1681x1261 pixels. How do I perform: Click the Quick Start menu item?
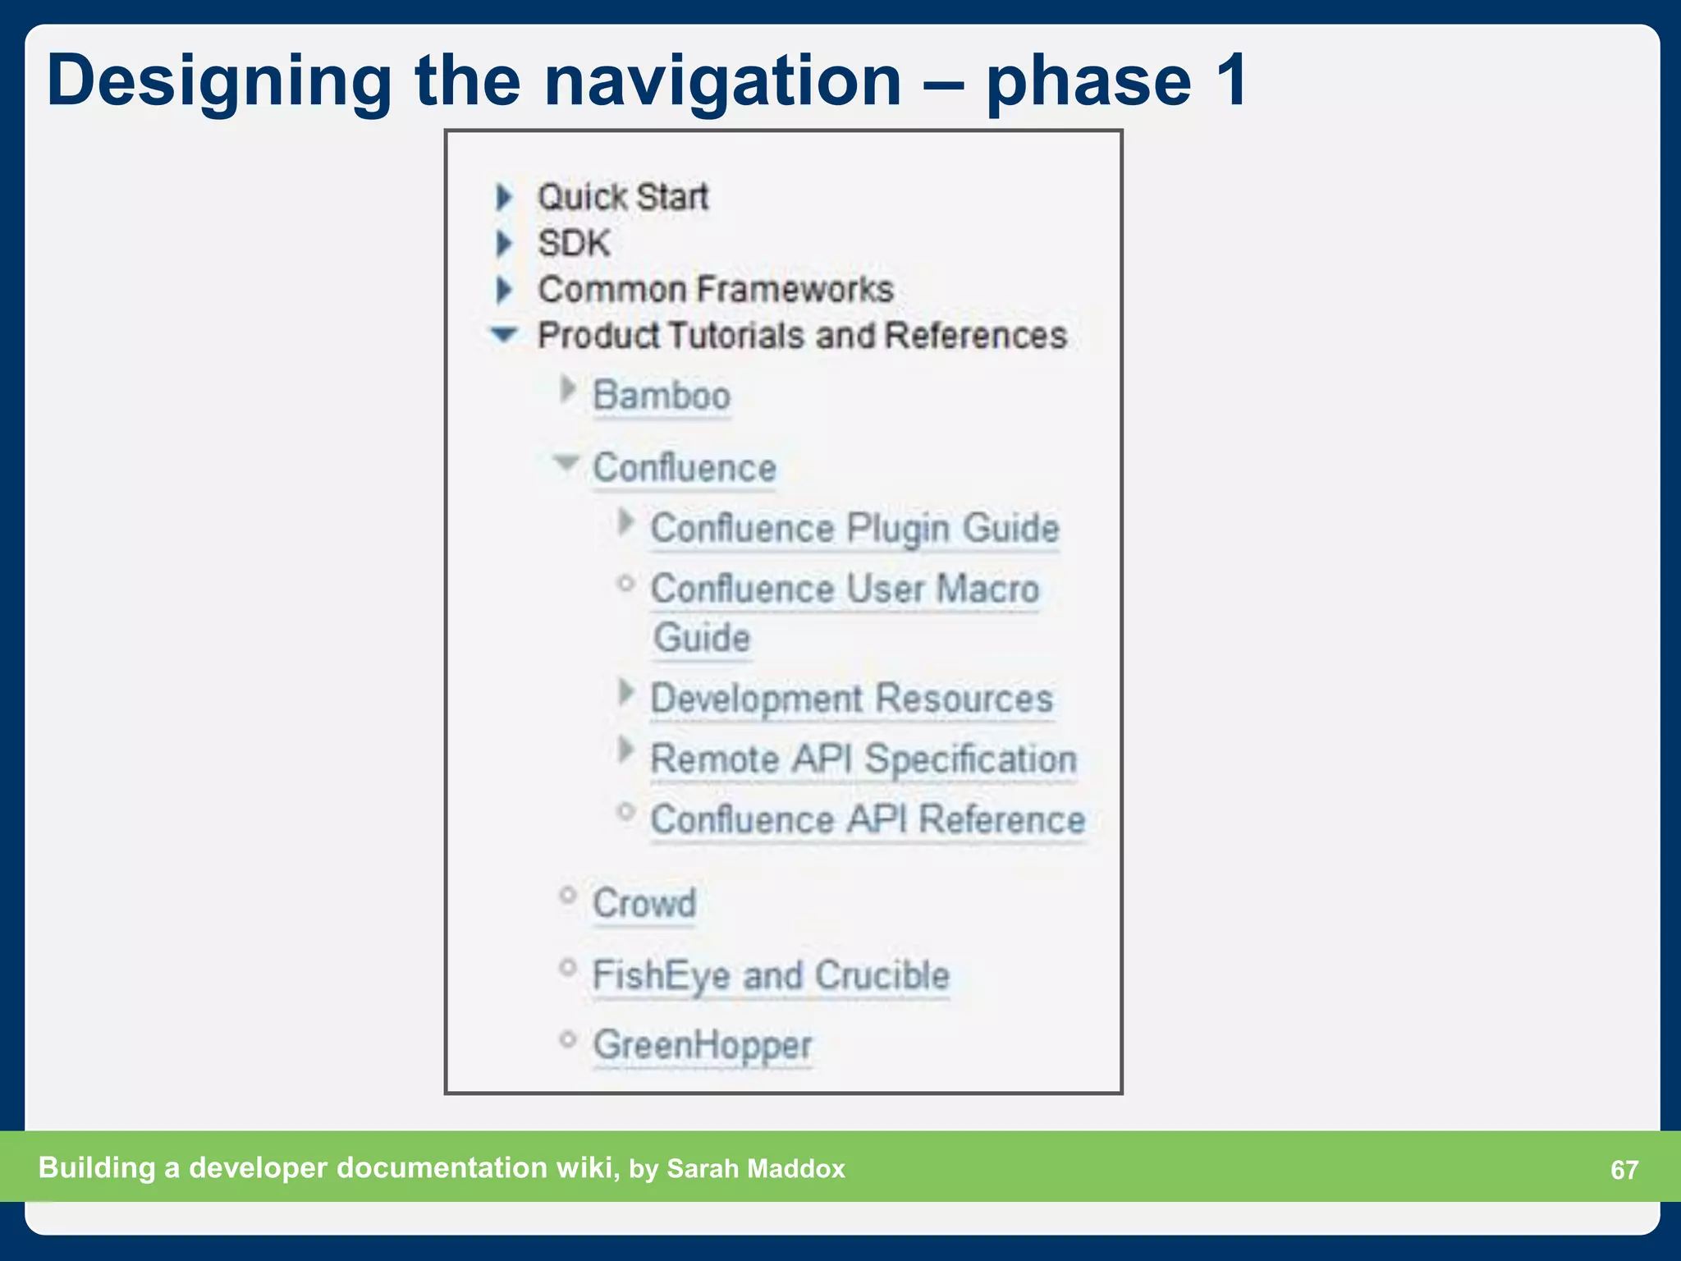tap(622, 197)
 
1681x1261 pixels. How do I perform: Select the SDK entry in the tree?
tap(574, 243)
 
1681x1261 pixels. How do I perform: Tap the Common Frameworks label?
tap(715, 289)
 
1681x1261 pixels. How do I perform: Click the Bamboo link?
tap(662, 396)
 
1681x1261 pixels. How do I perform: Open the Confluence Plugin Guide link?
tap(854, 528)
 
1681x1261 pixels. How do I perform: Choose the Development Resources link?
tap(851, 699)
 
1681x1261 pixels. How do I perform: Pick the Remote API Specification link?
tap(863, 759)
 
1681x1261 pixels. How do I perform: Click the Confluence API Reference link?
tap(868, 819)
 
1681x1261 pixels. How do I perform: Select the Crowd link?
tap(644, 903)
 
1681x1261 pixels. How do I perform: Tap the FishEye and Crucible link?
tap(771, 975)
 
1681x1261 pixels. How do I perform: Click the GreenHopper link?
tap(703, 1045)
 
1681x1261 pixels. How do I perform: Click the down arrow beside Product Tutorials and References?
tap(503, 334)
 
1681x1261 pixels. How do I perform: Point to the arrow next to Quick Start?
tap(504, 197)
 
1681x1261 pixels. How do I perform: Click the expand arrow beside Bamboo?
tap(567, 389)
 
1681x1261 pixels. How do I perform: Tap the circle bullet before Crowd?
tap(567, 895)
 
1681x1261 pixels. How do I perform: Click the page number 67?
tap(1624, 1170)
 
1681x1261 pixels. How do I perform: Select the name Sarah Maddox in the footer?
tap(755, 1168)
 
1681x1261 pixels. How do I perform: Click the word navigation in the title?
tap(722, 80)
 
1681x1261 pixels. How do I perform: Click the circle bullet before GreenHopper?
tap(567, 1039)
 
